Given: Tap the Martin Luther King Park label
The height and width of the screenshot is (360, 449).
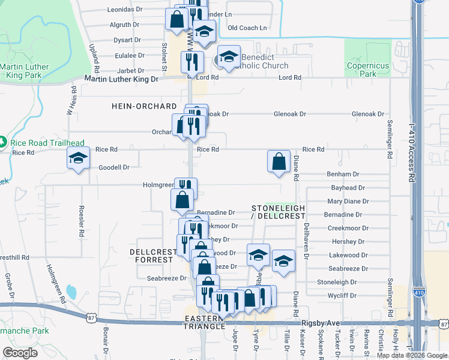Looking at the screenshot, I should pyautogui.click(x=21, y=71).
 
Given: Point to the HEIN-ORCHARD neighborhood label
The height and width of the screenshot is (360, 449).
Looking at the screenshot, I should pyautogui.click(x=144, y=106).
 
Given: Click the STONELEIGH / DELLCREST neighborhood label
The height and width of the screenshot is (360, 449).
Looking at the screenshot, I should pyautogui.click(x=278, y=212).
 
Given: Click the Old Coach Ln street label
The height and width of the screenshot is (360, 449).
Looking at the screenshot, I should pyautogui.click(x=247, y=28).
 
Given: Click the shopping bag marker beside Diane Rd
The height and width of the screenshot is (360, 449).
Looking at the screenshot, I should pyautogui.click(x=279, y=161).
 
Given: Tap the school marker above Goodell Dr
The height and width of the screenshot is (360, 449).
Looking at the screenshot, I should pyautogui.click(x=78, y=158).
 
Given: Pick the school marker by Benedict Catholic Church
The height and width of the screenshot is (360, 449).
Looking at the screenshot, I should pyautogui.click(x=228, y=57).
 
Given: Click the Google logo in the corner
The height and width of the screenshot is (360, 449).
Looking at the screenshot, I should pyautogui.click(x=20, y=353).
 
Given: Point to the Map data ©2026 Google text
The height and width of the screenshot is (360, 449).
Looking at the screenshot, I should pyautogui.click(x=411, y=355).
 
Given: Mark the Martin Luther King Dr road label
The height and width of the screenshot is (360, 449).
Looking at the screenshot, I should pyautogui.click(x=121, y=79).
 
